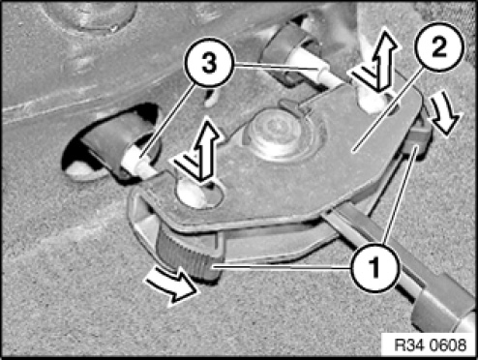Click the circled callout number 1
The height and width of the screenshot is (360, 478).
pos(374,267)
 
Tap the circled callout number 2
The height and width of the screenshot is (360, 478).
pos(439,47)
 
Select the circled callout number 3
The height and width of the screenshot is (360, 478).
pos(209,63)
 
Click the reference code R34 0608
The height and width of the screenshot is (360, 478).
pos(431,345)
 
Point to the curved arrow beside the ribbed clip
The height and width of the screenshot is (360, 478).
pos(172,287)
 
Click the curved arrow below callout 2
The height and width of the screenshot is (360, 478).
pos(444,113)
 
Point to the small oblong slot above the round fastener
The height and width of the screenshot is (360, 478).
pos(293,106)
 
